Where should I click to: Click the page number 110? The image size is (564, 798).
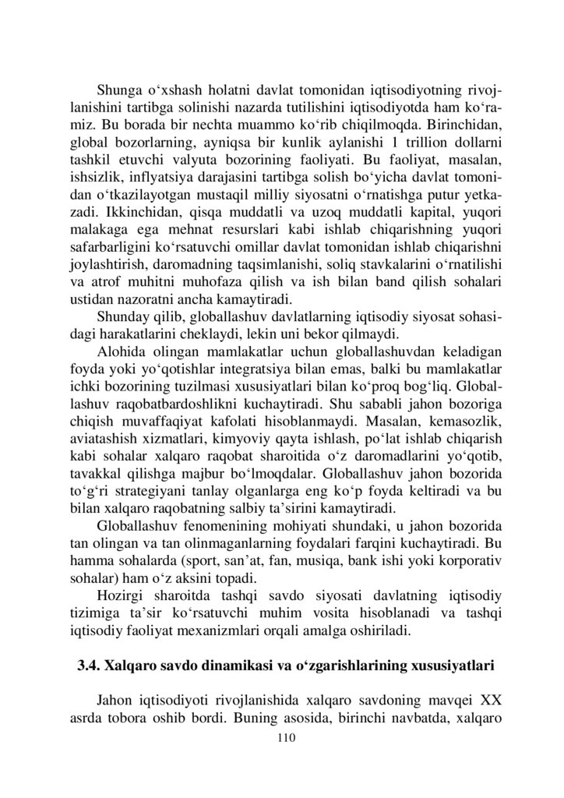click(281, 736)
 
